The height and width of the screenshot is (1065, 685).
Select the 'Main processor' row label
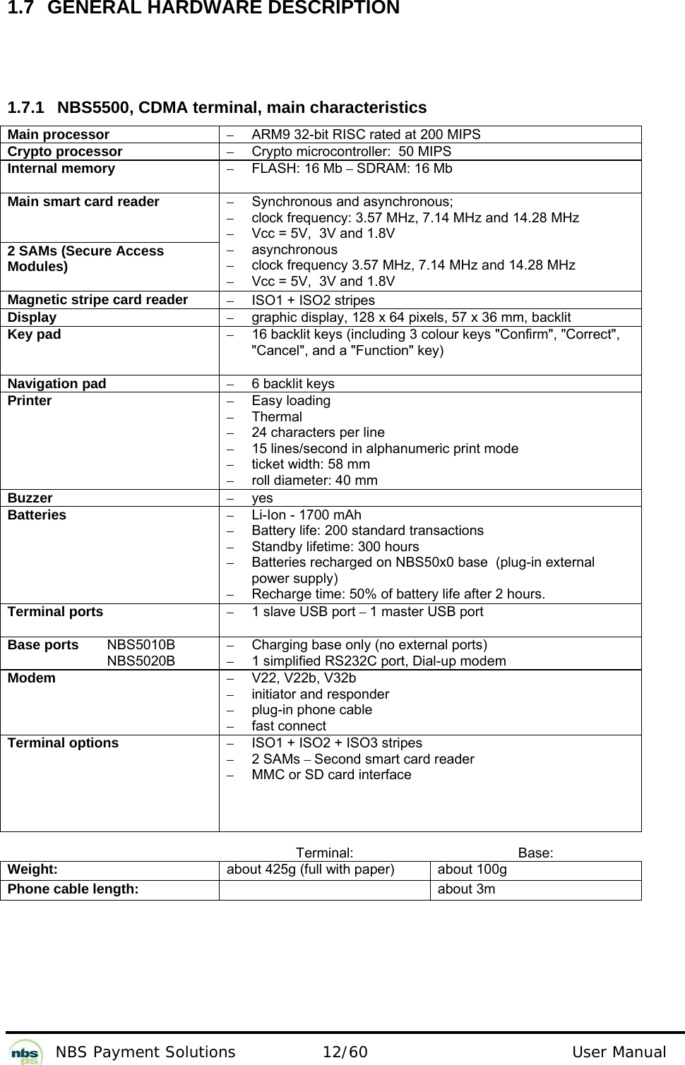click(59, 135)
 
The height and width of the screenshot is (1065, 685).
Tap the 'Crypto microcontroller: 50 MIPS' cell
click(351, 152)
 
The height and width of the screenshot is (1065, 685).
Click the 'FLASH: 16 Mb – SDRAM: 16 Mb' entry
click(352, 169)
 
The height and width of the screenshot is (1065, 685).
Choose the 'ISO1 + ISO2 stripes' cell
click(313, 301)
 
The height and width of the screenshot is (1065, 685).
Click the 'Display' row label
click(32, 318)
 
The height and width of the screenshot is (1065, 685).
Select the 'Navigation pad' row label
click(56, 384)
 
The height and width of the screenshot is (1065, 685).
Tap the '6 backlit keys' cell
click(293, 384)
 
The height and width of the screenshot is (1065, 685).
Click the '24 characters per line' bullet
click(318, 433)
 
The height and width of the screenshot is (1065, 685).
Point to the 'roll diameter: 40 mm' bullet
click(314, 481)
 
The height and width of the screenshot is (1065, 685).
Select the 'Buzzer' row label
click(30, 498)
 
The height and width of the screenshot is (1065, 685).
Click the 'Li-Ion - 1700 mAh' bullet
click(306, 515)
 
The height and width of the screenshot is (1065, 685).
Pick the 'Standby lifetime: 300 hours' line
click(335, 547)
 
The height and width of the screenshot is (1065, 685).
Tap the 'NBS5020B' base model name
click(141, 661)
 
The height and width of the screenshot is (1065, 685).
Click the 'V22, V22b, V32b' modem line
click(304, 678)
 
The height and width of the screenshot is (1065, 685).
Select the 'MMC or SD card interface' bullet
click(331, 775)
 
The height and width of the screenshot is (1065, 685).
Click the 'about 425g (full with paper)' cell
click(310, 870)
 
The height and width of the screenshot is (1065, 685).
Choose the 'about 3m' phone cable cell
click(466, 889)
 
